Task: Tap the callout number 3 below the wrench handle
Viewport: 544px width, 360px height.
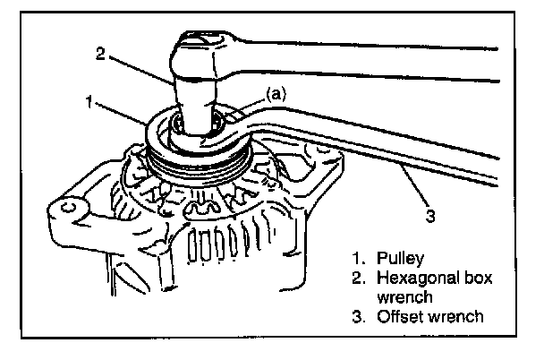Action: click(432, 215)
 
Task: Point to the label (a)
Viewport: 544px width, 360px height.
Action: click(276, 92)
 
